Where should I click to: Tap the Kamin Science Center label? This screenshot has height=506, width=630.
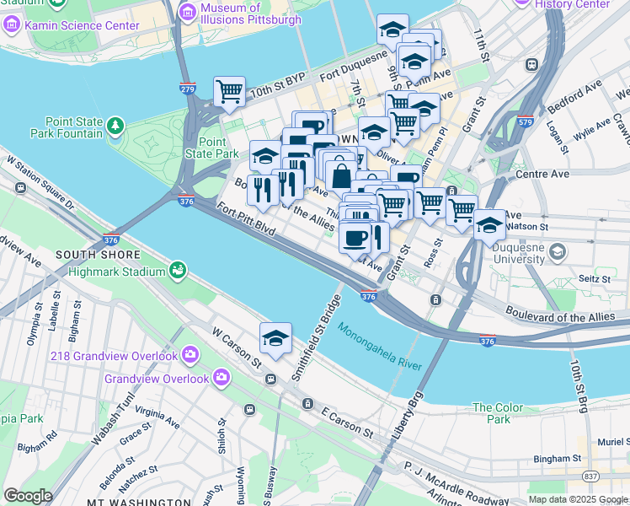[x=82, y=26]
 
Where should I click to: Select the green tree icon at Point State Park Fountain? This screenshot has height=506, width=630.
[x=115, y=127]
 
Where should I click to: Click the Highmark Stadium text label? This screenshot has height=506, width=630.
[x=116, y=272]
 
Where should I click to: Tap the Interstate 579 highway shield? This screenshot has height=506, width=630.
[x=526, y=121]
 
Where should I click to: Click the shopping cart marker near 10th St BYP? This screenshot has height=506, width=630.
[x=229, y=92]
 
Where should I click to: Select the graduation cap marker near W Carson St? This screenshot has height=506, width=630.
[x=275, y=339]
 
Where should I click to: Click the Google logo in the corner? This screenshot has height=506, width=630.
[x=28, y=495]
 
